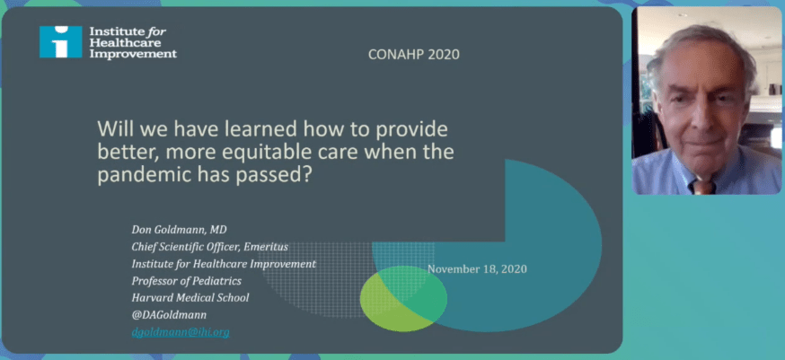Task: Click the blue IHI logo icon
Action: pos(60,42)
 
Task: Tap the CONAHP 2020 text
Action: pos(413,55)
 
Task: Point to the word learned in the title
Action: pos(267,129)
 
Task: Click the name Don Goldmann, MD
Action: pos(180,230)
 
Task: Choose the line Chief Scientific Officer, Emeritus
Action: pos(210,247)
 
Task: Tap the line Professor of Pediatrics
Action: pos(186,280)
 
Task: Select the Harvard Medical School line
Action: pos(190,297)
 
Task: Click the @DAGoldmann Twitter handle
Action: pos(169,314)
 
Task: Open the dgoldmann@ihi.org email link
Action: pos(181,332)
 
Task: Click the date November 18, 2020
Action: pos(477,268)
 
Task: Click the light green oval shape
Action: pos(403,298)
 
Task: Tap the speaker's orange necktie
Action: pos(701,186)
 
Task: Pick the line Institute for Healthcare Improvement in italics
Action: pos(224,263)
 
